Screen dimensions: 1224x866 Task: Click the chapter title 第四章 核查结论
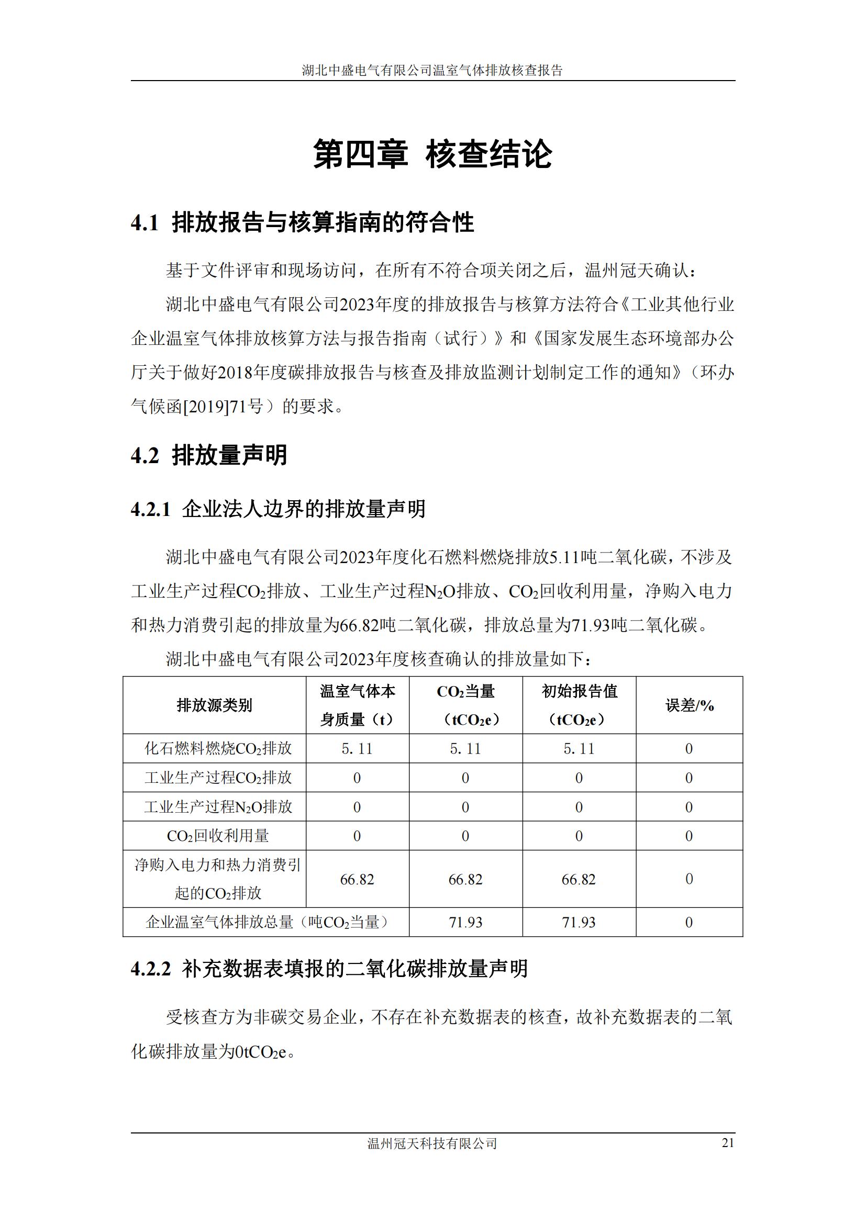click(432, 154)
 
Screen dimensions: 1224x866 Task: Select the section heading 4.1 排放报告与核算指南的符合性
click(302, 222)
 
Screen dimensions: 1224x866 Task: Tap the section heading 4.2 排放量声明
click(209, 455)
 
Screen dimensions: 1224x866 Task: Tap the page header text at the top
click(432, 70)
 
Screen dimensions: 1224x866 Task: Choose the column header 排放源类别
click(214, 705)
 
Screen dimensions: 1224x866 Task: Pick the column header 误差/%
click(689, 705)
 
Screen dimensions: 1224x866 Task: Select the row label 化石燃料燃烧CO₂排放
click(218, 748)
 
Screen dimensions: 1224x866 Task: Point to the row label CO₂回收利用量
click(218, 835)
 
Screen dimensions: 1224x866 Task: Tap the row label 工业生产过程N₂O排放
click(218, 806)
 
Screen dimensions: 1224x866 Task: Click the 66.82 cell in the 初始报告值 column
click(579, 879)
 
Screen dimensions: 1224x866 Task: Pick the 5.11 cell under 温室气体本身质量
click(357, 748)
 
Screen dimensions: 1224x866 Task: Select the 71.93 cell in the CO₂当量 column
click(465, 922)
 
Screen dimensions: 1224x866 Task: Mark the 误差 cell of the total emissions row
click(689, 922)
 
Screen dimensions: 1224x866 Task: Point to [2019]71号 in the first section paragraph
click(224, 407)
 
